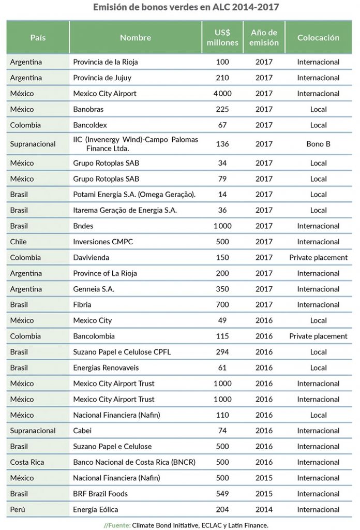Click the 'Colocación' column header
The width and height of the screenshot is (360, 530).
[318, 37]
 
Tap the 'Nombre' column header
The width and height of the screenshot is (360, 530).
[136, 37]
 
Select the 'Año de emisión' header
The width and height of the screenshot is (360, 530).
[264, 37]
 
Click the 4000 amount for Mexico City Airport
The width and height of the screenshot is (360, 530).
[222, 94]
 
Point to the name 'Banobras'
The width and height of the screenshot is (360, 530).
[88, 110]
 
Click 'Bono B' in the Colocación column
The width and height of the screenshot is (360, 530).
[318, 144]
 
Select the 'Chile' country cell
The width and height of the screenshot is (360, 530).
[18, 242]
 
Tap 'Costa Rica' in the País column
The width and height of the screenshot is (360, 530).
[27, 462]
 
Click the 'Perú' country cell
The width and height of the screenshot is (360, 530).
[18, 509]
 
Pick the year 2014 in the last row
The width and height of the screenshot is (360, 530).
[264, 510]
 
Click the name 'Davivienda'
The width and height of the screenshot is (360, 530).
[91, 258]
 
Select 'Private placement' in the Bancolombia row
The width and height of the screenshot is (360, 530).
[318, 336]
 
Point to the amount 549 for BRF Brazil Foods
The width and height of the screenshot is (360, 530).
[222, 494]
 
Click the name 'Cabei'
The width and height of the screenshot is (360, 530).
[82, 431]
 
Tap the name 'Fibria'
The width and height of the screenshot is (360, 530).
[82, 305]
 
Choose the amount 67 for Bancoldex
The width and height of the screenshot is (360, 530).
[222, 125]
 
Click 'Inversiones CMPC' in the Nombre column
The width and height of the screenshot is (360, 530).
[103, 242]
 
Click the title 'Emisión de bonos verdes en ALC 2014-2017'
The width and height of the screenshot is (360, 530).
[186, 7]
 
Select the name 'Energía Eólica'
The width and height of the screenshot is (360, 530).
[96, 510]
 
